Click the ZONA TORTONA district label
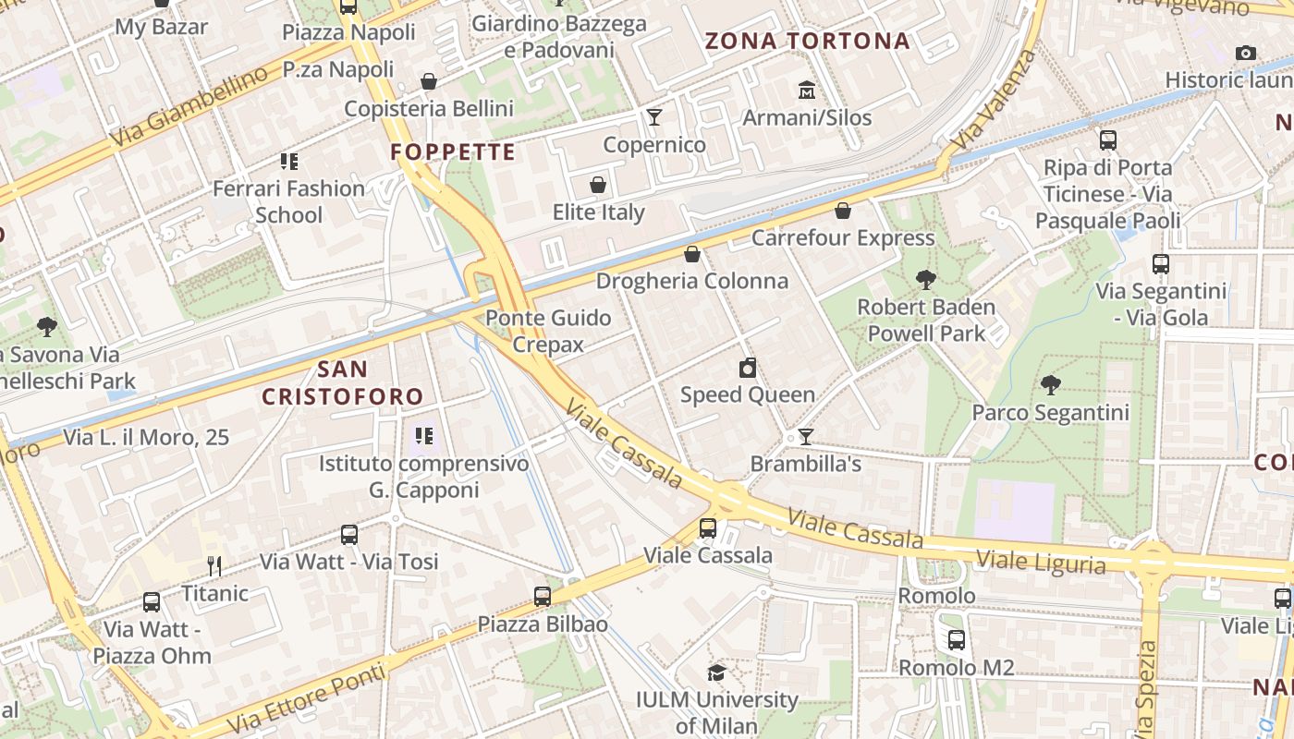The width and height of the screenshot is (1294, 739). point(807,41)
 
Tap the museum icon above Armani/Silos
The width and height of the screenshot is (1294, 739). point(807,91)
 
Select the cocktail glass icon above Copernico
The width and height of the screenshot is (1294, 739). point(654,116)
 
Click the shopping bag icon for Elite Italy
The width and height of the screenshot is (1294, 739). point(598,185)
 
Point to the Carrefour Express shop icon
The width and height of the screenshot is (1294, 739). point(843,211)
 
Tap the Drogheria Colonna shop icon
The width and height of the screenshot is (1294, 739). point(692,254)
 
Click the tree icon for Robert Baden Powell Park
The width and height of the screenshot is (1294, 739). point(925,279)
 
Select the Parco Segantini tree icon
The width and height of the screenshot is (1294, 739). point(1050,384)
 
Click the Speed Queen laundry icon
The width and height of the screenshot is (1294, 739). point(748,368)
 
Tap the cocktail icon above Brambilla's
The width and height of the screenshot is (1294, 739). point(806,436)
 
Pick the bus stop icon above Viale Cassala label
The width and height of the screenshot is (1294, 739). point(708,528)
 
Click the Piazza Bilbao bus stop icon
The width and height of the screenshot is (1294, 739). point(543,597)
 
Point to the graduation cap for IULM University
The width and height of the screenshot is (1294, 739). point(716,672)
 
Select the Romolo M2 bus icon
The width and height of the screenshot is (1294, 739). point(957,639)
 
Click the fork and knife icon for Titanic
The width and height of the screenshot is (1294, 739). point(214,565)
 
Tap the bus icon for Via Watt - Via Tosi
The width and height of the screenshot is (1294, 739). point(348,534)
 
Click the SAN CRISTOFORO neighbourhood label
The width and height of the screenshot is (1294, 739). point(342,383)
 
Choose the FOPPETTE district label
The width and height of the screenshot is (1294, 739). point(453,152)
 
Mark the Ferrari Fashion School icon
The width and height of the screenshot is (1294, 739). point(289,162)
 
